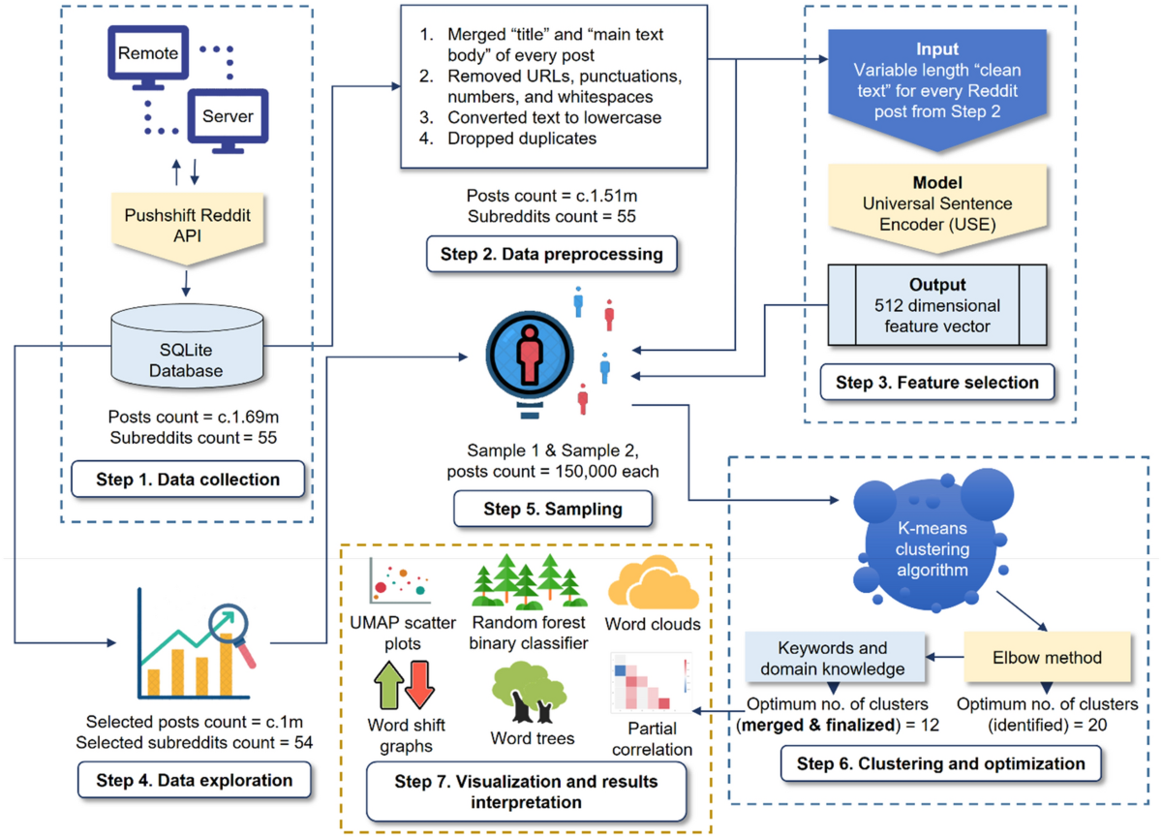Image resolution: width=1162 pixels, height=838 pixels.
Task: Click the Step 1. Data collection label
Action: click(x=188, y=479)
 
